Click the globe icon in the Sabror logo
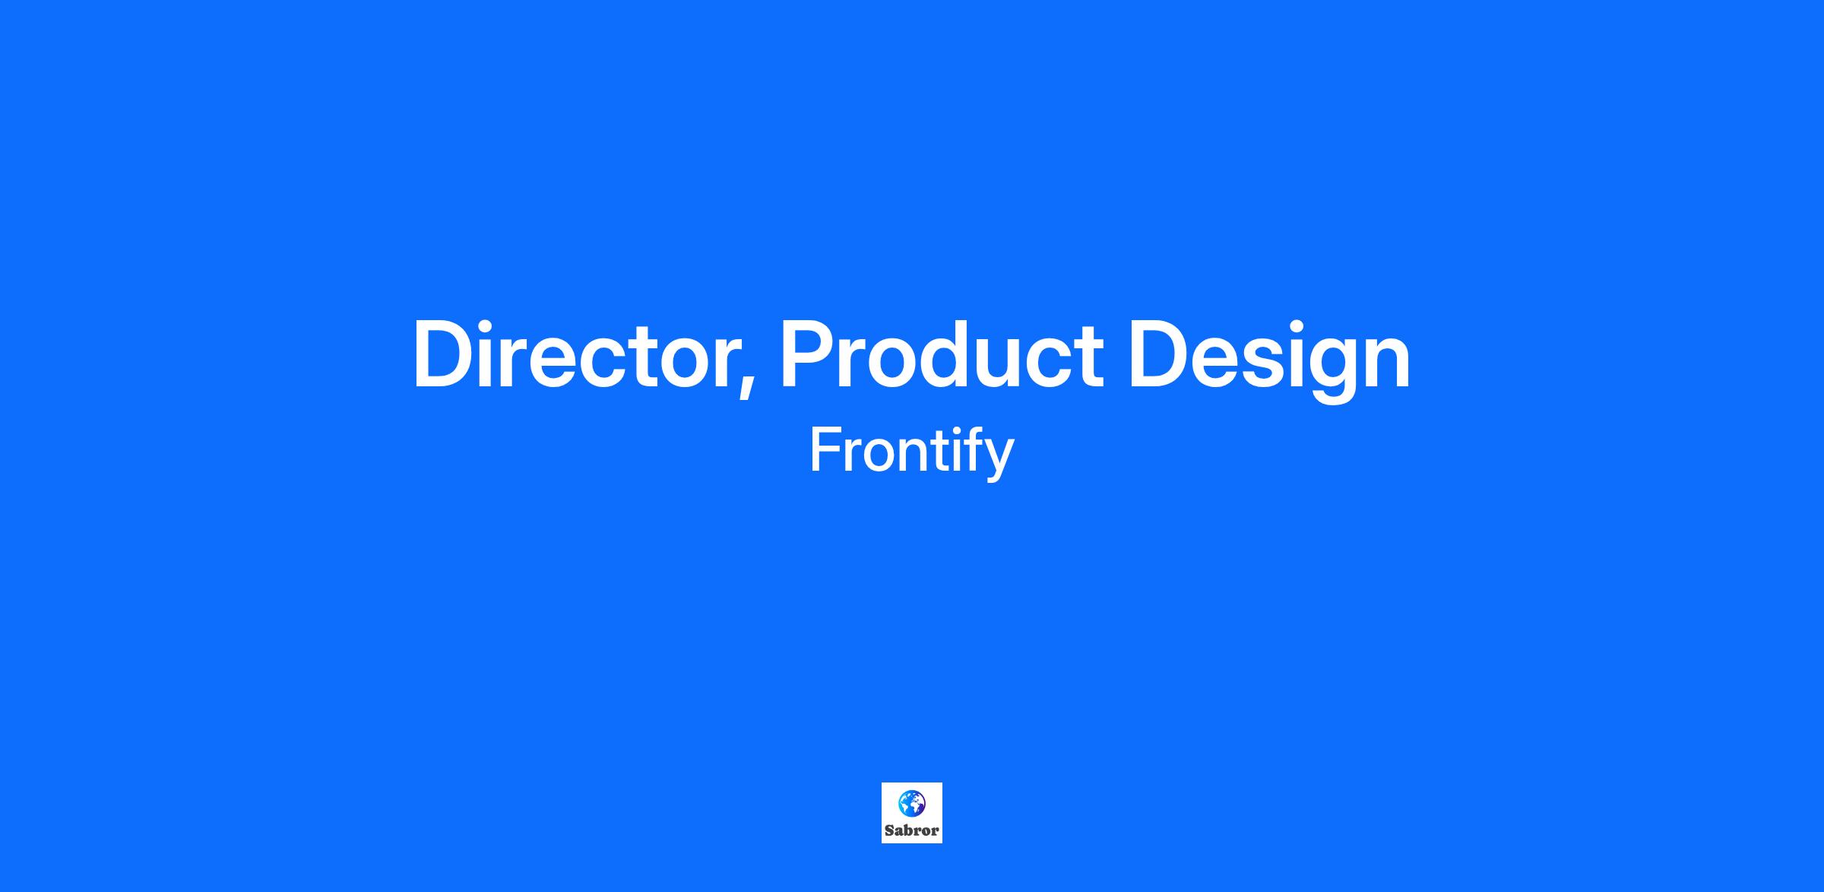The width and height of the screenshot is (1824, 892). pyautogui.click(x=911, y=803)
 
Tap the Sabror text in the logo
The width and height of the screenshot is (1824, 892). pyautogui.click(x=911, y=830)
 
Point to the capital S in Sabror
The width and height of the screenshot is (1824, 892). pyautogui.click(x=889, y=830)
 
